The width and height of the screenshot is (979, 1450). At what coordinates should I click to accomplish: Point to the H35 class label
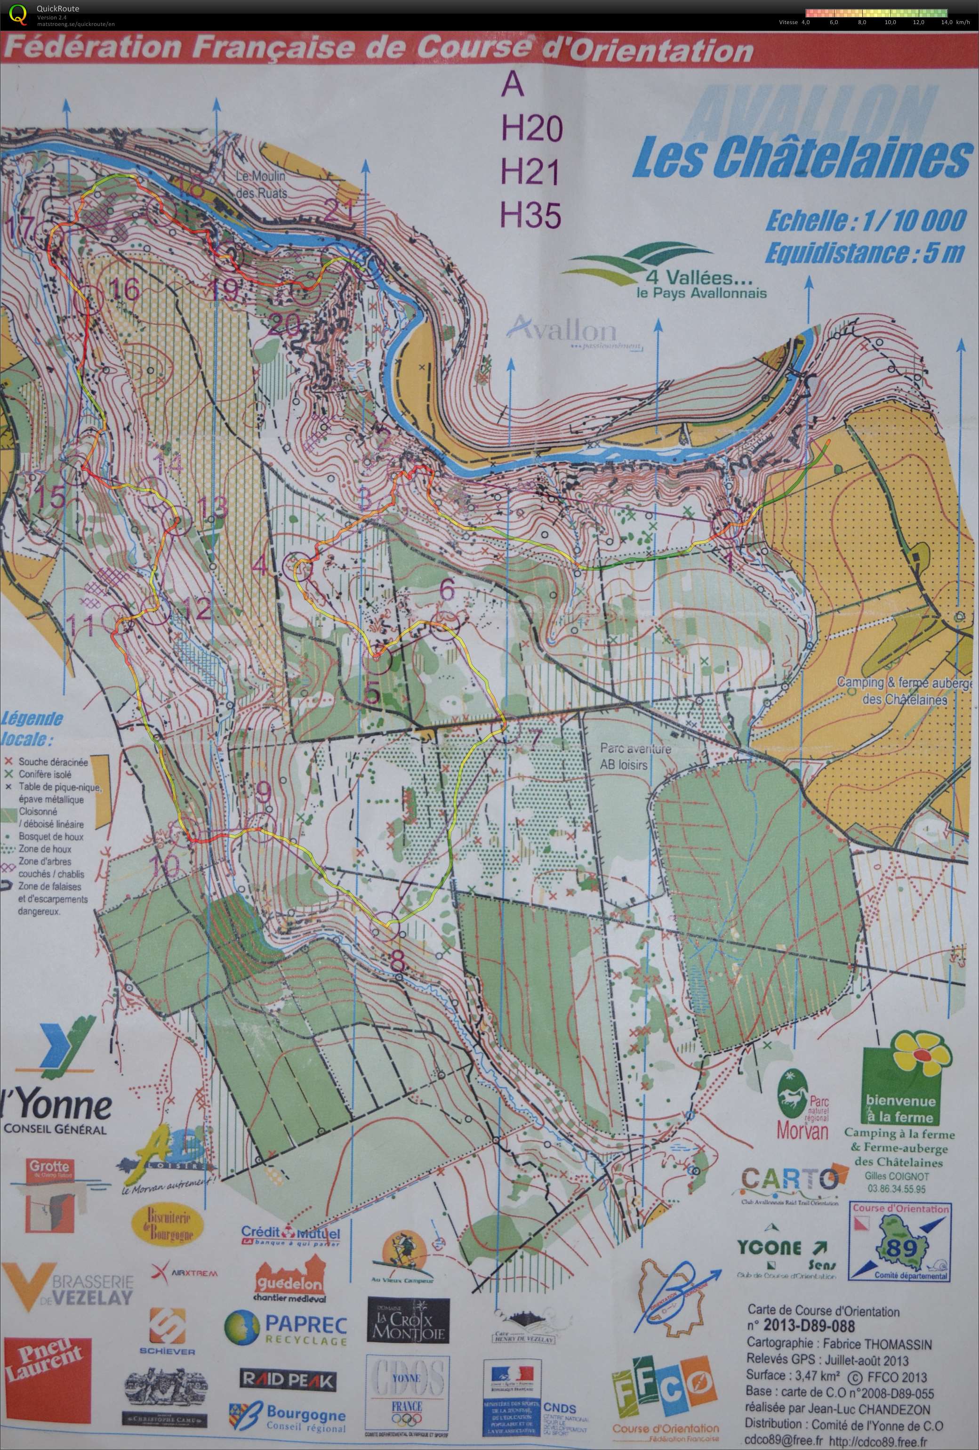(531, 215)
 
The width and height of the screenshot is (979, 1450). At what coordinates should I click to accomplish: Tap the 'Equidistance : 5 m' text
(864, 254)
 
